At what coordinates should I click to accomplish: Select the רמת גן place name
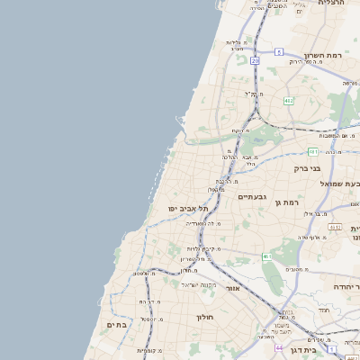286,203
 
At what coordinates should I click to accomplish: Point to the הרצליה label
332,4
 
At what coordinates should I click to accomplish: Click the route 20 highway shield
255,60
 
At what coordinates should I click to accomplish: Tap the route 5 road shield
280,50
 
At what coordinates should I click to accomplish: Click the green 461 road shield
267,256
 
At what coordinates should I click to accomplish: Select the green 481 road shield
311,151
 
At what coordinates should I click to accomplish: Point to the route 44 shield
280,347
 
